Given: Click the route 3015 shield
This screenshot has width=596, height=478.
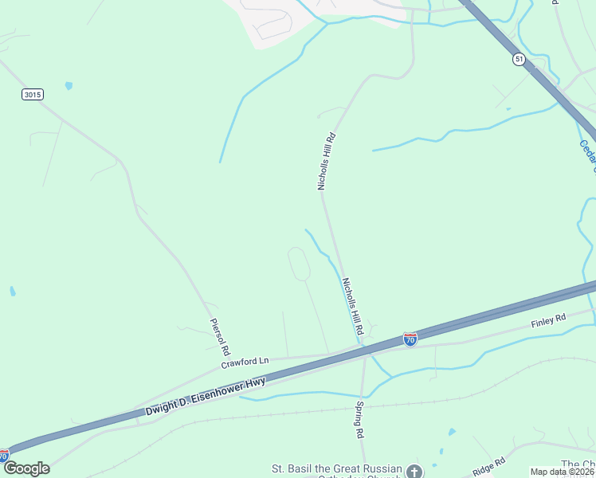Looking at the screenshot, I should [33, 94].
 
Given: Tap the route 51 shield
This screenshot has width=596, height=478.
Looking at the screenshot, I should [519, 60].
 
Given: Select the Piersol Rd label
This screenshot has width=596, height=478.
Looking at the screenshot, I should [220, 337].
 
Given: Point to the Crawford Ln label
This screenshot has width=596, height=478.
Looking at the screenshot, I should [245, 361].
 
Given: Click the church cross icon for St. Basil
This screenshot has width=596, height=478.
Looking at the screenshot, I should [414, 472].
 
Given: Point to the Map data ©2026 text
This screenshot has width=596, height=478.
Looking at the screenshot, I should [563, 472].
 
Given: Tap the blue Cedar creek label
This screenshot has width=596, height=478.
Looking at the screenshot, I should [588, 155].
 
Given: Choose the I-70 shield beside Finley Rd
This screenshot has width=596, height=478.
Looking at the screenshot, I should [410, 339].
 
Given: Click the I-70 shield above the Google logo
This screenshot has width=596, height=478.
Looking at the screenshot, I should [3, 455].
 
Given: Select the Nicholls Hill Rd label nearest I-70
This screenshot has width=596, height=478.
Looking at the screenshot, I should [353, 306].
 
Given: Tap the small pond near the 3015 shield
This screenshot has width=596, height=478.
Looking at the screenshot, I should [69, 85].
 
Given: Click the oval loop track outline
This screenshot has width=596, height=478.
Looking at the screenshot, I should [298, 264].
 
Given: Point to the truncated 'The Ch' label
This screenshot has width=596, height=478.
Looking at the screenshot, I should [578, 464].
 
